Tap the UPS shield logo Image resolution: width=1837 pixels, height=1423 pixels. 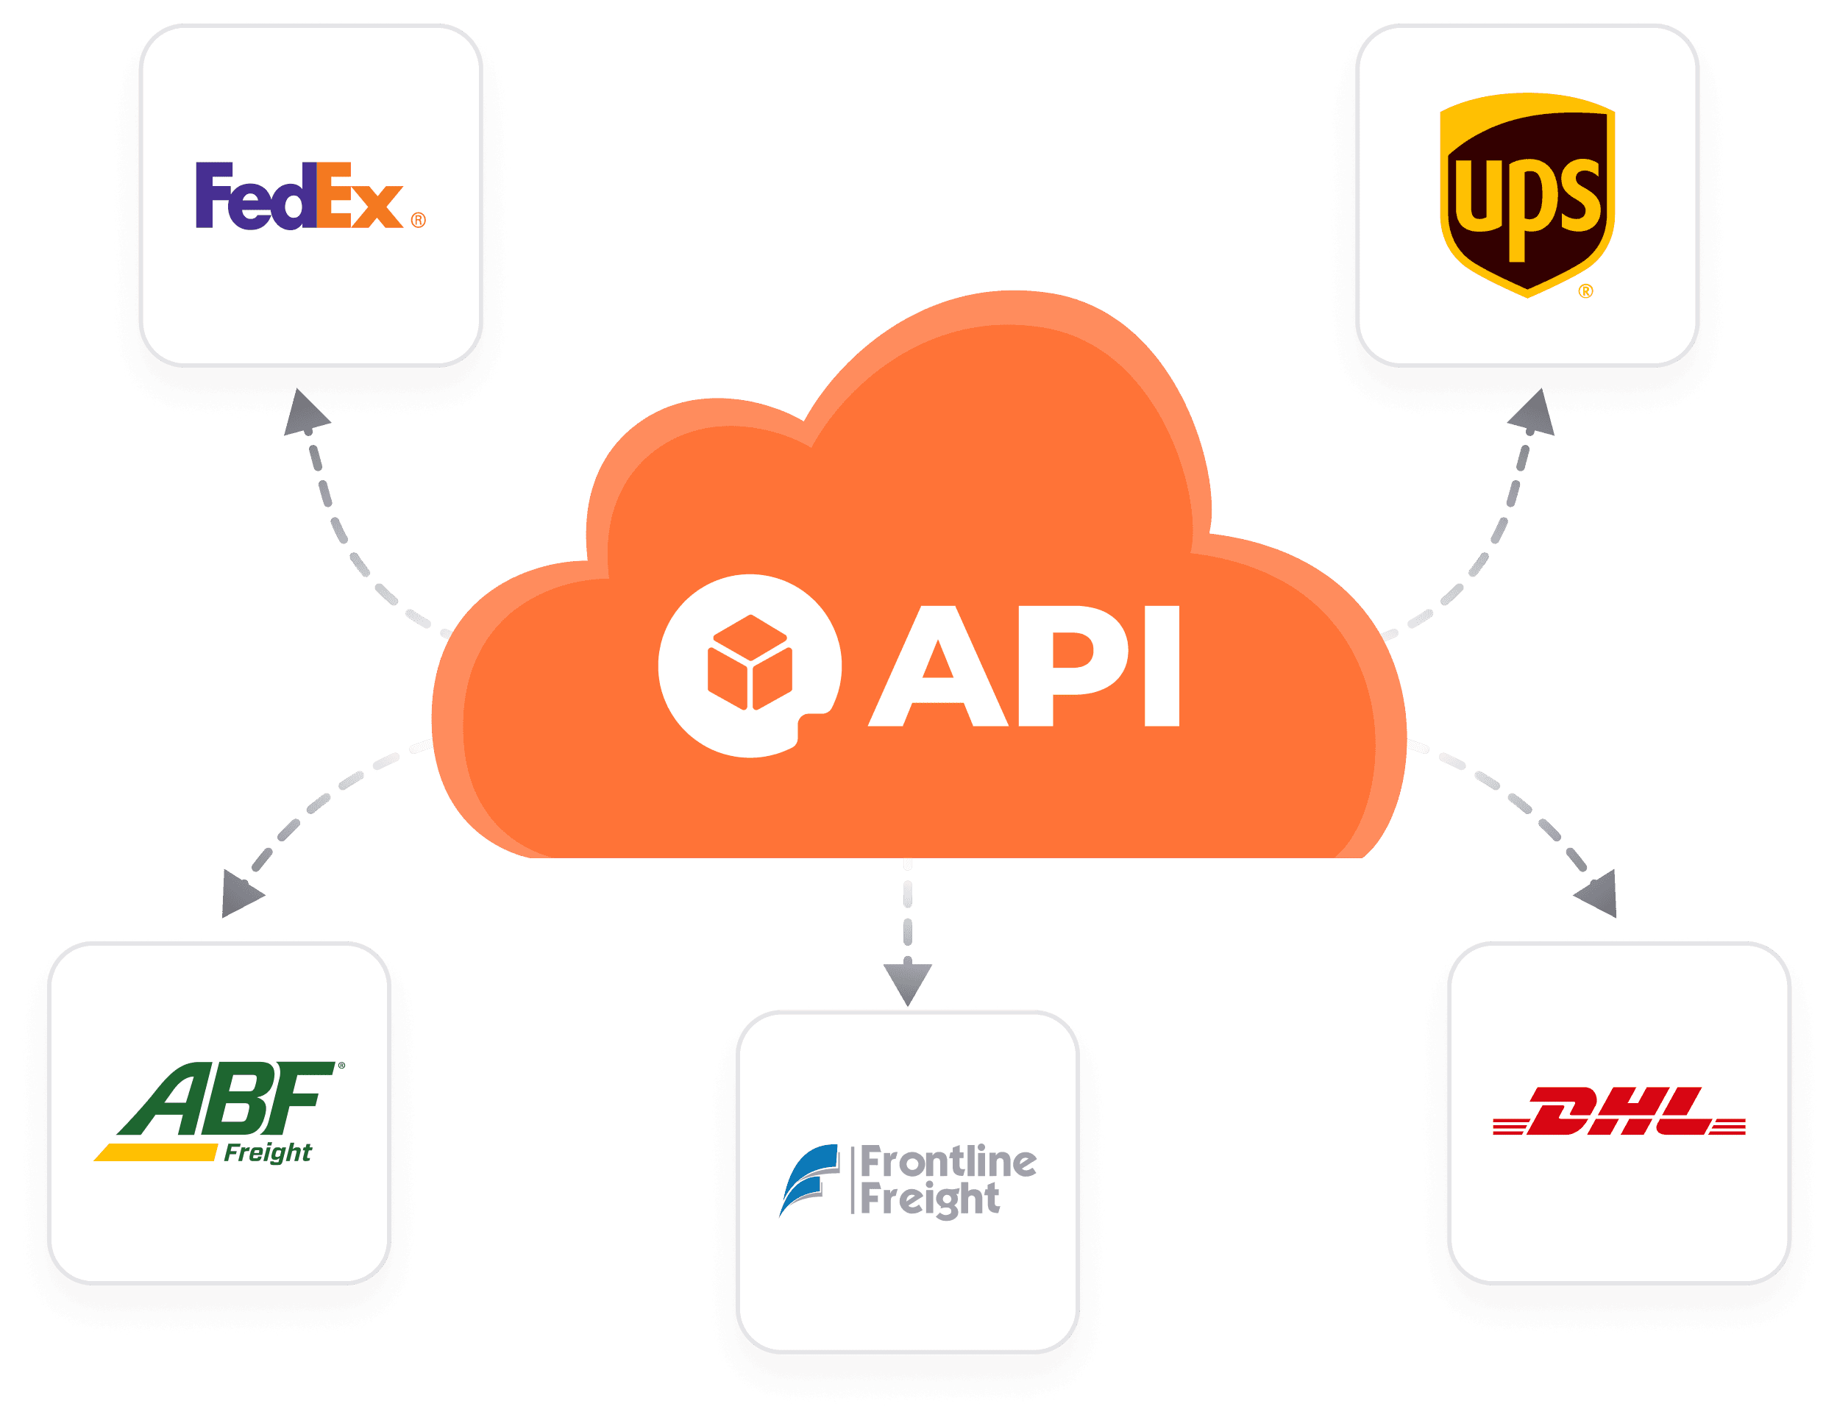[1527, 195]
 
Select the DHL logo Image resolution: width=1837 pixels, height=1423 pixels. [1619, 1111]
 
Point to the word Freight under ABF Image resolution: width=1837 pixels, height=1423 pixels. [268, 1152]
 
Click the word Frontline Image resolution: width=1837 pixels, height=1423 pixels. [948, 1162]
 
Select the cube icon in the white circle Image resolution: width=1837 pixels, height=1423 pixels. [750, 663]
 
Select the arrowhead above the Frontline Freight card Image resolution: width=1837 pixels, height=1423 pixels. [908, 982]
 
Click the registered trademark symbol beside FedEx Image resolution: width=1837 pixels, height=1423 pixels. [418, 221]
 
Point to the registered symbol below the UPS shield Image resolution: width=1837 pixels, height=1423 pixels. [1585, 292]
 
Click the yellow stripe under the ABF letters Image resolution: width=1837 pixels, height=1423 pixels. [156, 1152]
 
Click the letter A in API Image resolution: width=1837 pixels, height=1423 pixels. [938, 666]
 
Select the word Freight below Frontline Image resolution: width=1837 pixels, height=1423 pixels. [929, 1199]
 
